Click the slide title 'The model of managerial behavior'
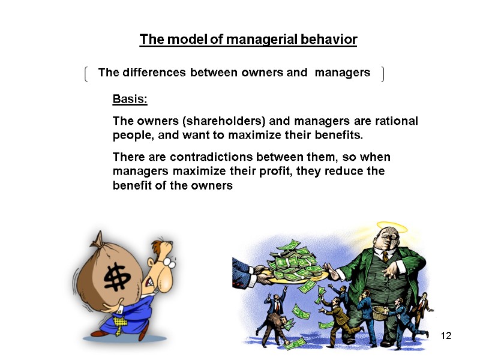[248, 40]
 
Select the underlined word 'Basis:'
[130, 98]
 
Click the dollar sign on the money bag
[115, 279]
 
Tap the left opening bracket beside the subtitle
[88, 74]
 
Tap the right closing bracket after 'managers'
[382, 74]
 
